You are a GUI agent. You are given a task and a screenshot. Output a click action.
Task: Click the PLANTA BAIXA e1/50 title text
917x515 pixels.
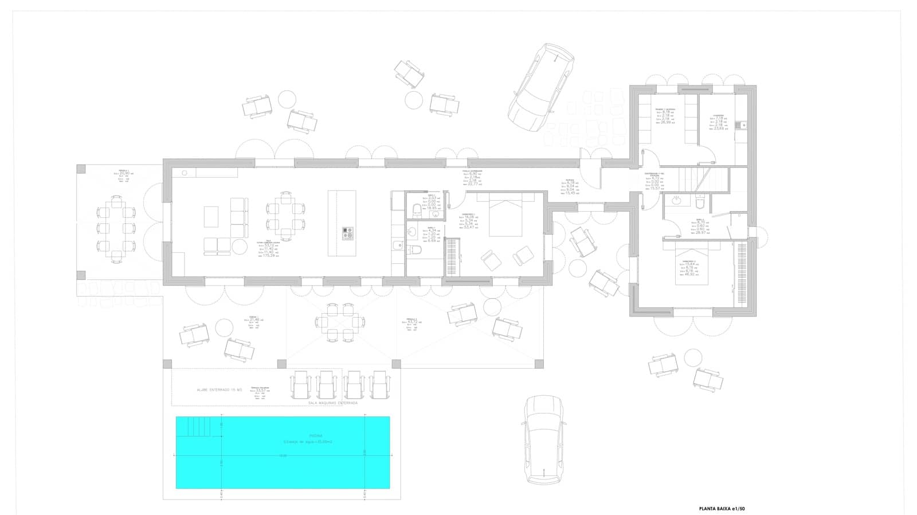tap(722, 508)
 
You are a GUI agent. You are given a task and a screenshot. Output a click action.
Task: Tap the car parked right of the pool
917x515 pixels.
tap(543, 439)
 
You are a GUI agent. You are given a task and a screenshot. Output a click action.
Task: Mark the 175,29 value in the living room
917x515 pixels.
tap(268, 256)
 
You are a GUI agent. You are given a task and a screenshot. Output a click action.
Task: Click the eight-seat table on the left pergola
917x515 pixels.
tap(116, 229)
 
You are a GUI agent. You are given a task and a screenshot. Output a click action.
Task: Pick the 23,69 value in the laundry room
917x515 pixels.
tap(720, 129)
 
